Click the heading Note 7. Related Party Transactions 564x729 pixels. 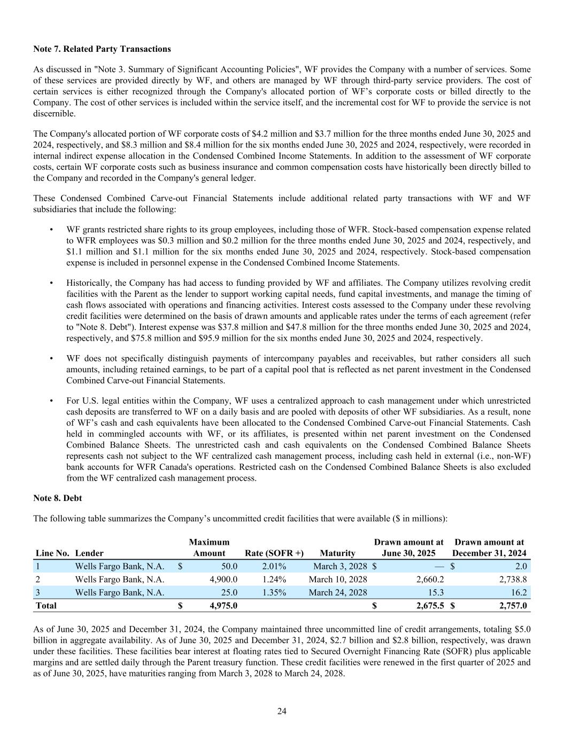[102, 49]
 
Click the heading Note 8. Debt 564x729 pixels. [57, 498]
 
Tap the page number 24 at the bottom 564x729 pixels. [282, 711]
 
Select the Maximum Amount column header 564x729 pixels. [209, 547]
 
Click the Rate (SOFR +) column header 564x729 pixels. [274, 553]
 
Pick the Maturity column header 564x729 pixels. [337, 553]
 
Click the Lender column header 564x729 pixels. [89, 553]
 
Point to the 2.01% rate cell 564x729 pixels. [274, 566]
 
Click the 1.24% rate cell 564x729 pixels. [274, 579]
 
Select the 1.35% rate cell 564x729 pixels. [274, 592]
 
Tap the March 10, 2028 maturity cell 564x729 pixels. [338, 579]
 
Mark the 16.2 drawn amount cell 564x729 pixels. [518, 592]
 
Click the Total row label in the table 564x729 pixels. [46, 605]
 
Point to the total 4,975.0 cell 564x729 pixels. [222, 605]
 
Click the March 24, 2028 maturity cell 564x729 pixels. [338, 592]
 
